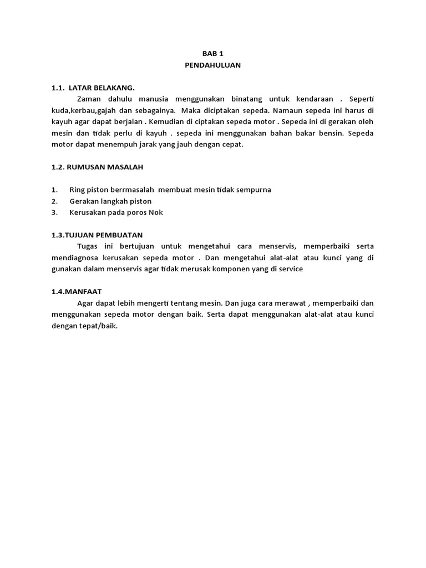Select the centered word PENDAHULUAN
point(213,65)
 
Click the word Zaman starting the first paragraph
point(89,99)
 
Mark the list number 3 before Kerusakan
point(54,212)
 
